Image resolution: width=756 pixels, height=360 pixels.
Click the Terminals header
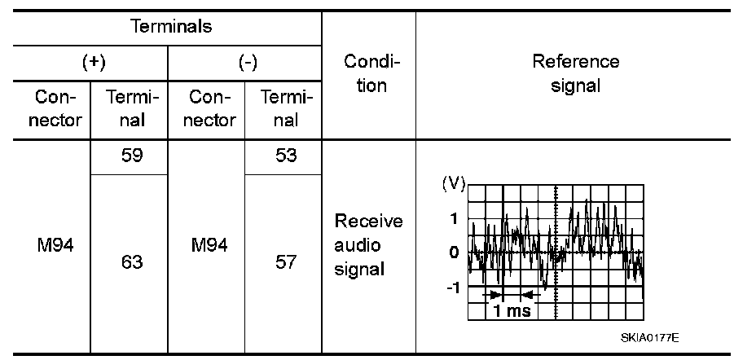click(171, 26)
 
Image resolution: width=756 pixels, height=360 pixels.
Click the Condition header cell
click(369, 74)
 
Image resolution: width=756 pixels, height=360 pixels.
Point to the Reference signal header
click(575, 73)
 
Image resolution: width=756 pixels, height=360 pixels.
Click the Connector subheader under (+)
click(59, 109)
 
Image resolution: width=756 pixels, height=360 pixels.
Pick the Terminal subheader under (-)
click(286, 109)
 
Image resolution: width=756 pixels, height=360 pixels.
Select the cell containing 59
click(130, 156)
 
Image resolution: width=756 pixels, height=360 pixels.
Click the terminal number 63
click(130, 262)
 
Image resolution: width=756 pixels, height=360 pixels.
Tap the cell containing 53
click(286, 156)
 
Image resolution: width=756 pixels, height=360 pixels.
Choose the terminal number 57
click(286, 262)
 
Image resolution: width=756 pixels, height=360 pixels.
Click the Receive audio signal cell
click(369, 245)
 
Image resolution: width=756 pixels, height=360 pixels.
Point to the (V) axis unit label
click(453, 183)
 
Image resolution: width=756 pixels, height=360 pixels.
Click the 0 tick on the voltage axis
click(455, 252)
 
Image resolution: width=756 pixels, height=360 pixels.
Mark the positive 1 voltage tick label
click(455, 218)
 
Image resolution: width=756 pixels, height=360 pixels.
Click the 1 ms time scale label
click(508, 311)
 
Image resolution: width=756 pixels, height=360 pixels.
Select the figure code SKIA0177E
click(649, 337)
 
